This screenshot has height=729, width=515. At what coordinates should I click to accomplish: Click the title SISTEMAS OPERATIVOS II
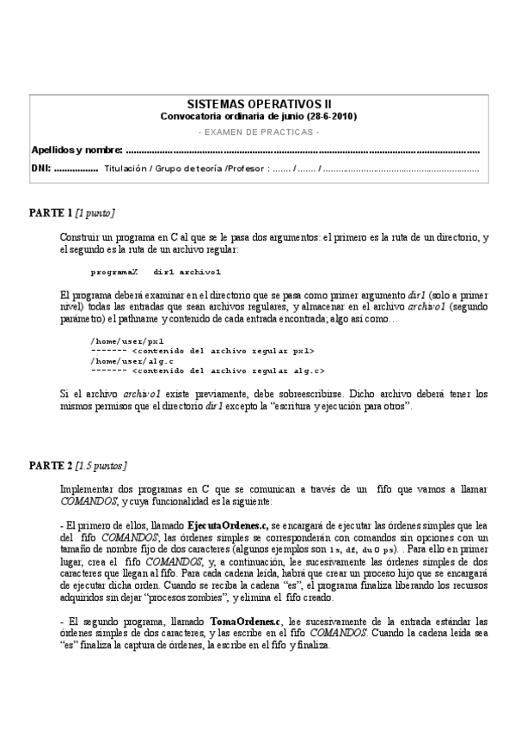[x=258, y=102]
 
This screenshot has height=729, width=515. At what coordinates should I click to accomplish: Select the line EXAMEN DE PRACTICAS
[x=258, y=132]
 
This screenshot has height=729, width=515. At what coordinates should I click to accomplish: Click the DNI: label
[x=40, y=168]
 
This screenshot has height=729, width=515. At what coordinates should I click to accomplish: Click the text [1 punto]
[x=95, y=212]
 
